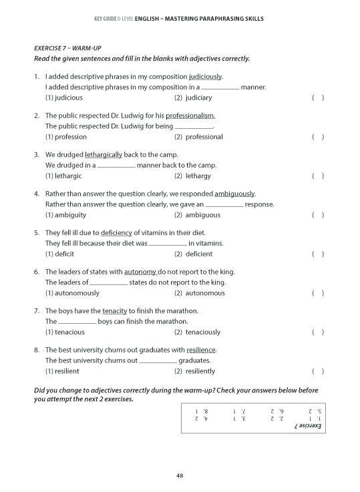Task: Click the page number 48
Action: click(180, 475)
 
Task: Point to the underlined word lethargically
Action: click(104, 154)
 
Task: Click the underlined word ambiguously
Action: click(234, 194)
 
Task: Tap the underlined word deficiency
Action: click(117, 233)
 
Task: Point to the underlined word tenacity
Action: click(114, 311)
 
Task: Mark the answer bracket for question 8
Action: click(318, 371)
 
